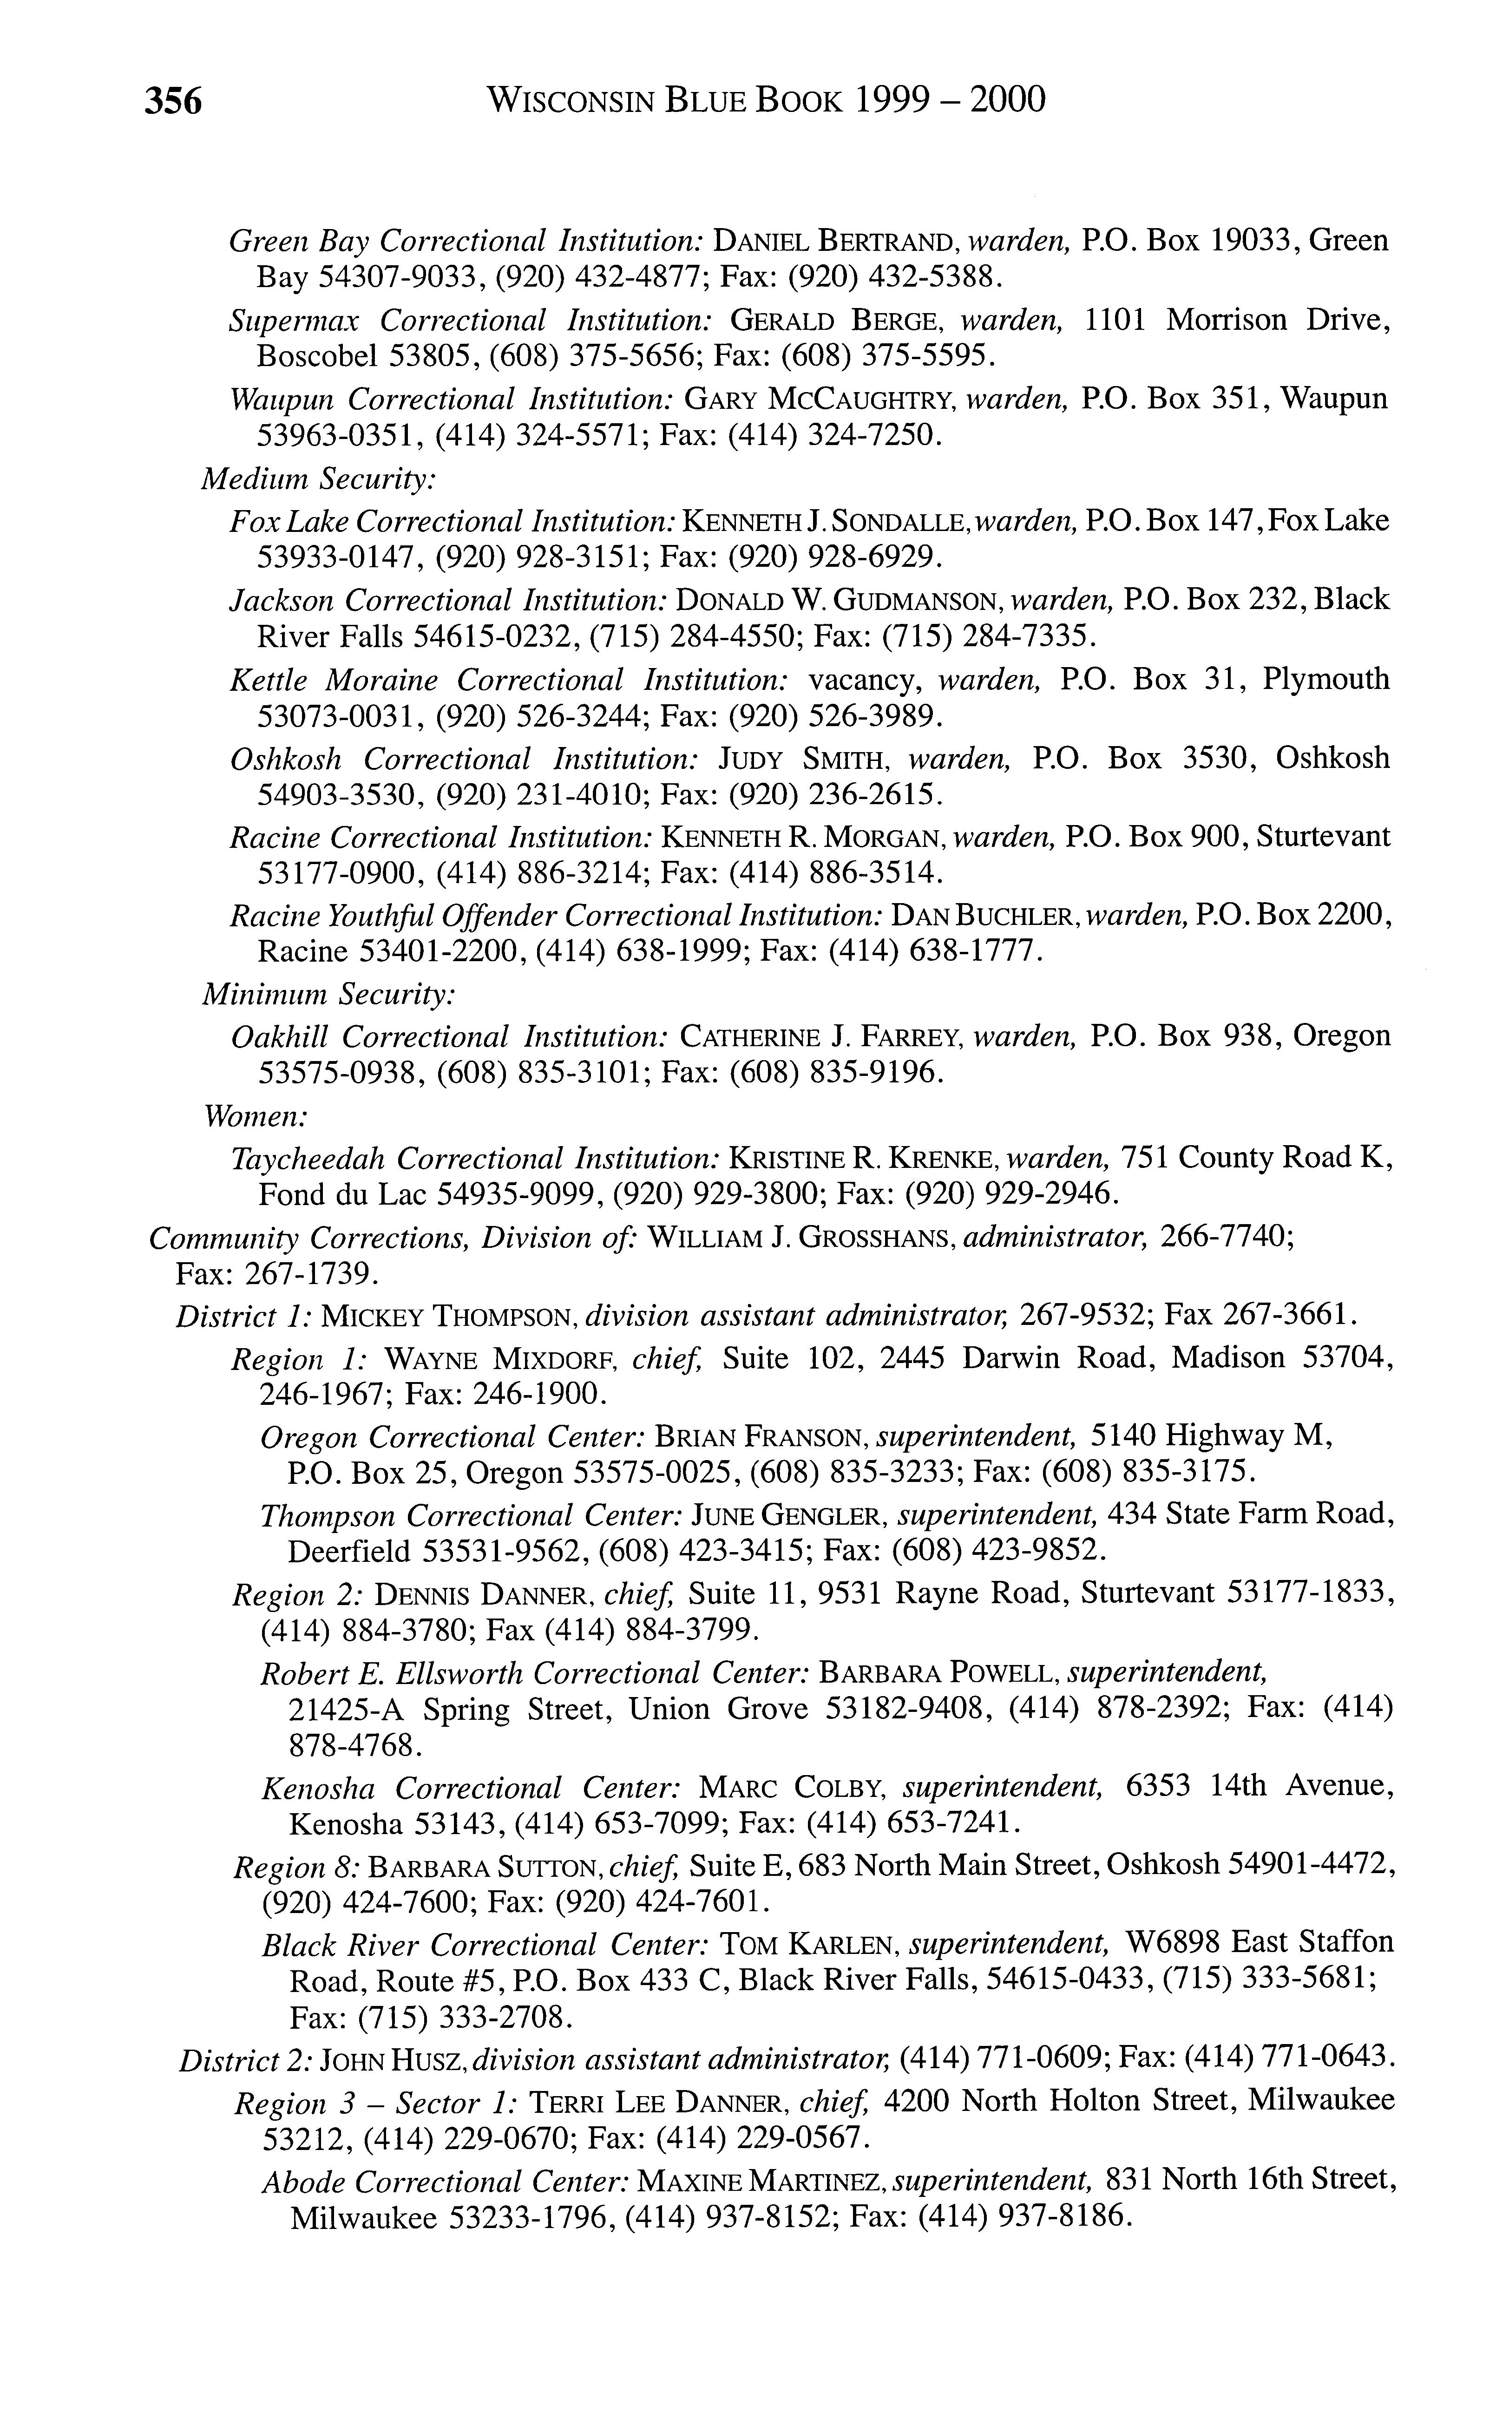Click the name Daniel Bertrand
pos(838,242)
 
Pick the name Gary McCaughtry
pos(822,400)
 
